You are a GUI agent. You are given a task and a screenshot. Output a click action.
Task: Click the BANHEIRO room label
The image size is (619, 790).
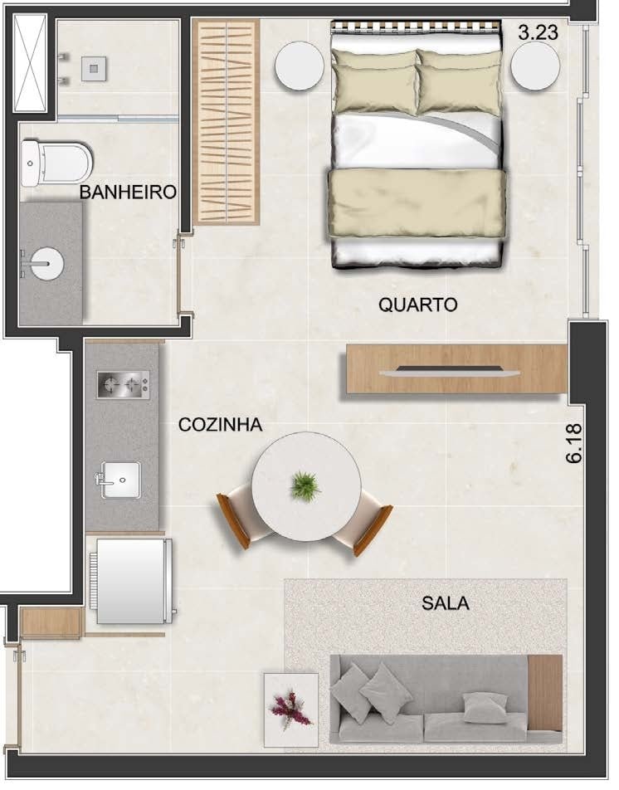[128, 192]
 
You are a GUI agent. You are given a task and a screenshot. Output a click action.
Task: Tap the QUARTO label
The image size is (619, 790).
[417, 305]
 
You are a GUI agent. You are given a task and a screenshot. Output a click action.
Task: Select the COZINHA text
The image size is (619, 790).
[220, 425]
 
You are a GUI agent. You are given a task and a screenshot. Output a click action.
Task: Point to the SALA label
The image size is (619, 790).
[446, 603]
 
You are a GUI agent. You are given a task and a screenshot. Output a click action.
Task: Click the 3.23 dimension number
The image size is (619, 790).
[538, 32]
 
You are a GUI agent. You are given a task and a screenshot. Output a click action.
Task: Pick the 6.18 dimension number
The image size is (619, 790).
[574, 443]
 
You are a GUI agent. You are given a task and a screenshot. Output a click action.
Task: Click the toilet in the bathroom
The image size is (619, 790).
[57, 163]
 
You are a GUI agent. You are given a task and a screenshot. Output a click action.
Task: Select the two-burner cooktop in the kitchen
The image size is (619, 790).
[123, 385]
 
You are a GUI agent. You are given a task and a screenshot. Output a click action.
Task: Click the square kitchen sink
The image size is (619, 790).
[121, 480]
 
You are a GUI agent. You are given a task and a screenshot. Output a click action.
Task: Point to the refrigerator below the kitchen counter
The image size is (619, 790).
[133, 581]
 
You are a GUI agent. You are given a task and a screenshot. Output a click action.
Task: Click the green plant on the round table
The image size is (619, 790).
[305, 485]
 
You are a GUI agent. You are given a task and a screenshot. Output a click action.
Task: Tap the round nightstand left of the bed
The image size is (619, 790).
[300, 66]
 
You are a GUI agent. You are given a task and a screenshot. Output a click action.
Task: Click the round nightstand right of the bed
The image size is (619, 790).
[535, 66]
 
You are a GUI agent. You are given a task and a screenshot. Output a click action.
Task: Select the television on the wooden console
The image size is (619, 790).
[450, 371]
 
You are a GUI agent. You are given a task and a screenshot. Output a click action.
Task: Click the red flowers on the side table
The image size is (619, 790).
[290, 709]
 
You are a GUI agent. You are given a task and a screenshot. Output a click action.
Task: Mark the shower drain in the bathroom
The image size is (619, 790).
[94, 69]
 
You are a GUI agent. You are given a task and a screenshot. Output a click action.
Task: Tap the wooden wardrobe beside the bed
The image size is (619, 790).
[227, 122]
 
